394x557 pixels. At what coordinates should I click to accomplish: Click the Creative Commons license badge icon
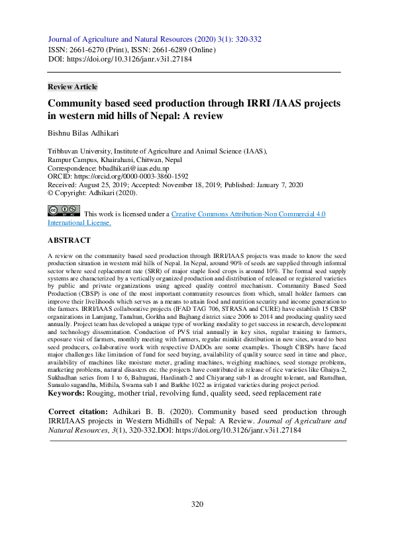click(64, 212)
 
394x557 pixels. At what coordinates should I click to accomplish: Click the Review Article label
click(73, 87)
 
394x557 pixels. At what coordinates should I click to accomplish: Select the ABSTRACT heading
click(70, 240)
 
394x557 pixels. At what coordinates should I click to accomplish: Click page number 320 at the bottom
click(197, 505)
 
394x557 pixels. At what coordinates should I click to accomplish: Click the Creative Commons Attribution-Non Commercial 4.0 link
click(248, 214)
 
